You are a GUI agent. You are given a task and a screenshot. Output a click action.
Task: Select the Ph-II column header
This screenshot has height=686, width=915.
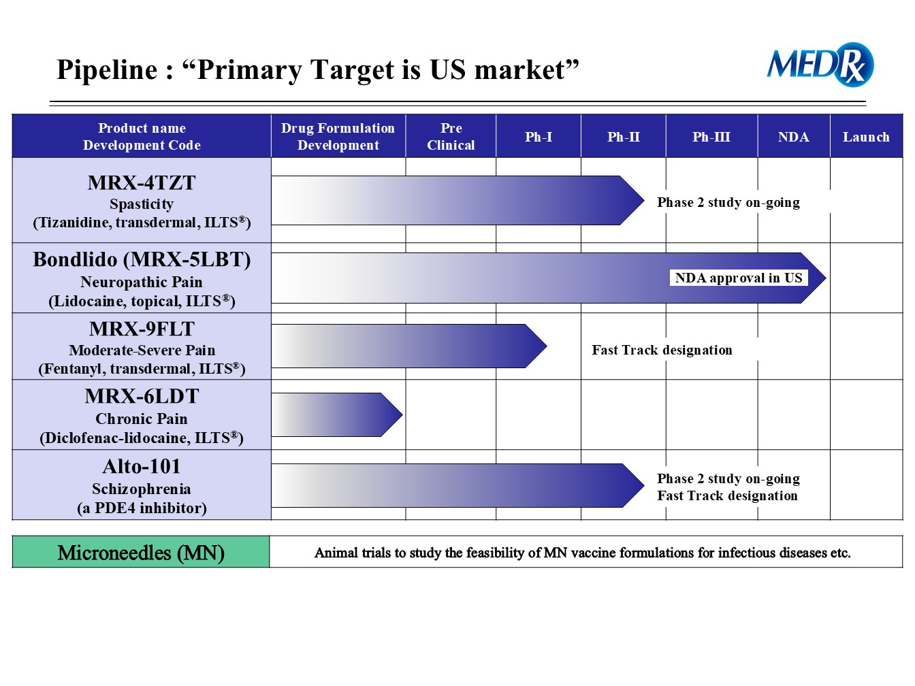tap(623, 137)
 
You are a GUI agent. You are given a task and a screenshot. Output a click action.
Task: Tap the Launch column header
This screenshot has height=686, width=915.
tap(866, 137)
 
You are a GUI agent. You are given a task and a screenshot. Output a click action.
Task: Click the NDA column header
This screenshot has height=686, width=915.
tap(793, 137)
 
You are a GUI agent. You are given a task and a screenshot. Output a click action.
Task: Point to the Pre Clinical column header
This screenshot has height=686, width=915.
tap(451, 137)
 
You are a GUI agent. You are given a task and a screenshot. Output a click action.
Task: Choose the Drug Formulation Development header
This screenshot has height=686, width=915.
tap(338, 137)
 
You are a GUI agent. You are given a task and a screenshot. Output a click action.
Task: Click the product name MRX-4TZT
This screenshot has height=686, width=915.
tap(142, 183)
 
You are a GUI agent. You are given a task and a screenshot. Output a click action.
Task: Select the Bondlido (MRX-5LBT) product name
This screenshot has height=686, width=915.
tap(142, 260)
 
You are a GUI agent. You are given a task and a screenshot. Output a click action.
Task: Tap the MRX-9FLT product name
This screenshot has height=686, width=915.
tap(142, 329)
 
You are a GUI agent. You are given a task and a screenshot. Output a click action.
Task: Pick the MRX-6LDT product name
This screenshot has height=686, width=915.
tap(142, 396)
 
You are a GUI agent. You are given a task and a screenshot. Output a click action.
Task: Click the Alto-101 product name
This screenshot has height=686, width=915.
tap(142, 466)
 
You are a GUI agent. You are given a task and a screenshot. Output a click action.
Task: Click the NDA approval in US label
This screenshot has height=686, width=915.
tap(738, 278)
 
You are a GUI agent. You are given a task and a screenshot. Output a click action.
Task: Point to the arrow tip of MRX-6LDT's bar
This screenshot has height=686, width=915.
tap(402, 414)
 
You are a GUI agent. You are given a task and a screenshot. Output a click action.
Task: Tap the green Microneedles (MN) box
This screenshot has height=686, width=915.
tap(141, 552)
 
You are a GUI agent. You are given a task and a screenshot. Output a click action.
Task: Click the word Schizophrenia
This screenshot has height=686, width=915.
tap(142, 489)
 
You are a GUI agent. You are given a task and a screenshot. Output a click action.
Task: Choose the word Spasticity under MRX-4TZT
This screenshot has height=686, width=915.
tap(142, 204)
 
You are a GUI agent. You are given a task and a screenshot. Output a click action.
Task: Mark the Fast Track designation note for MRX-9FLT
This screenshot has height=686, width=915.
tap(662, 350)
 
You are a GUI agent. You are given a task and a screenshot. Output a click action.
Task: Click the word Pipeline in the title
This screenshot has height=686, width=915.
tap(107, 70)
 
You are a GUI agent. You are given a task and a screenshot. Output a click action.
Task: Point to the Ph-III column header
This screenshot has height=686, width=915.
tap(711, 137)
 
